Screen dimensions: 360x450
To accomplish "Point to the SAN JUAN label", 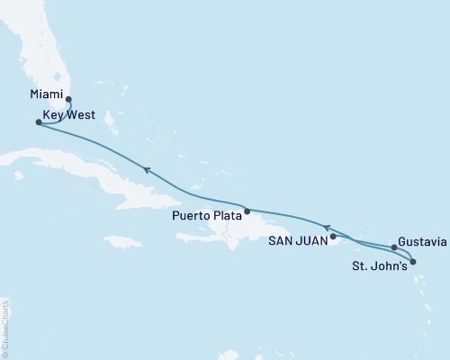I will coord(298,239).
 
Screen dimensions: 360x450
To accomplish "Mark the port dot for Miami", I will coord(68,100).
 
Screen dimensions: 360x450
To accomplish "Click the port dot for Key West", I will coord(38,122).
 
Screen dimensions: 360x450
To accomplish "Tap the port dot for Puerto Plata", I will coord(247,211).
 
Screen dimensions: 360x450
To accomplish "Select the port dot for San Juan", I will coord(333,238).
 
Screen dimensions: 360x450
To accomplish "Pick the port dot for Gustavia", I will coord(395,247).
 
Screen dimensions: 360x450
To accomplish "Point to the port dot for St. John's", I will coord(413,262).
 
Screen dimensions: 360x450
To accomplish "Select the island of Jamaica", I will coord(122,241).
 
